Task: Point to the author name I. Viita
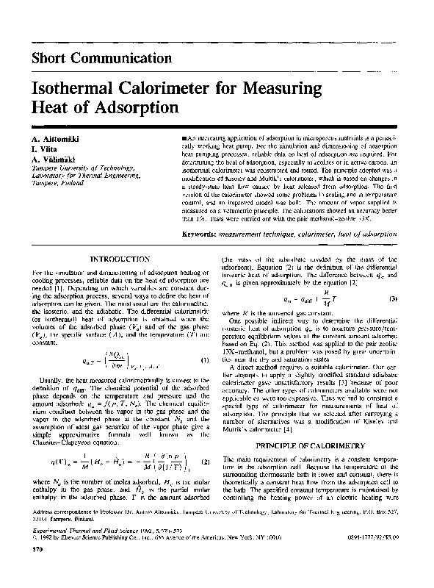[x=46, y=149]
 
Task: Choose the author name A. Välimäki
[x=56, y=159]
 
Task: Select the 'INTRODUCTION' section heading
[x=119, y=259]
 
